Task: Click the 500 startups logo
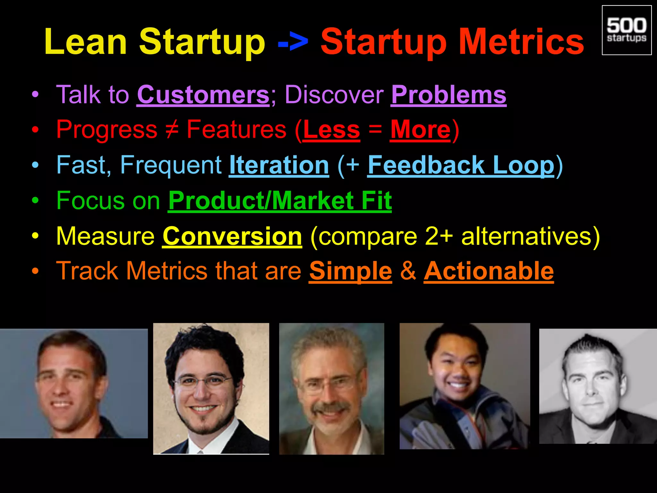(x=627, y=30)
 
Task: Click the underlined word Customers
(x=203, y=95)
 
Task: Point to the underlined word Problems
(x=448, y=95)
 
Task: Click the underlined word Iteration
(x=279, y=166)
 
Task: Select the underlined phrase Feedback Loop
(x=461, y=166)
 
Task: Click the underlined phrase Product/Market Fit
(x=280, y=201)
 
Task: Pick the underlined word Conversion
(x=232, y=237)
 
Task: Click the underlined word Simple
(x=350, y=272)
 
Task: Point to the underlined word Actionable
(x=489, y=272)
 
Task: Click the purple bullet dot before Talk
(x=35, y=95)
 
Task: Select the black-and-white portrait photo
(x=598, y=386)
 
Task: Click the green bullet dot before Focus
(x=35, y=201)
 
